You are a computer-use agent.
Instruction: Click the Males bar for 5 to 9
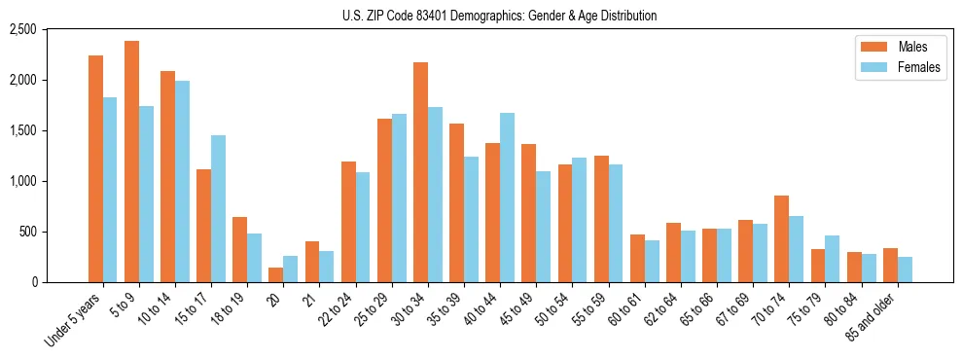[131, 162]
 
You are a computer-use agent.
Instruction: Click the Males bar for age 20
[276, 274]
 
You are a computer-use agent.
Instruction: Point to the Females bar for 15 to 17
[218, 208]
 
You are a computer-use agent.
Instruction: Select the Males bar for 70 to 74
[782, 238]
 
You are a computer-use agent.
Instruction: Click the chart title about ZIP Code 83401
[499, 16]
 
